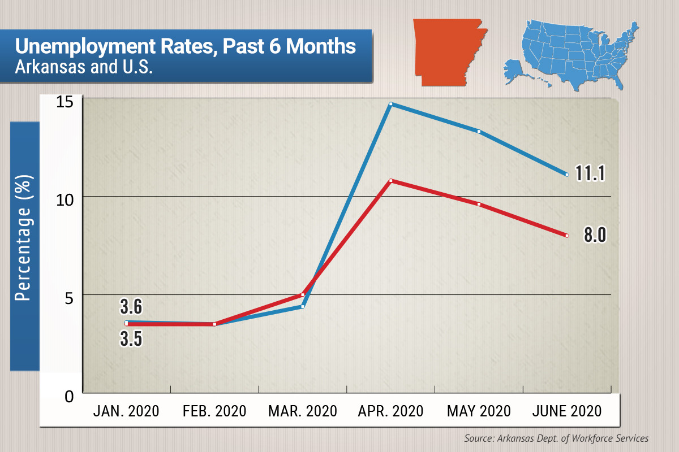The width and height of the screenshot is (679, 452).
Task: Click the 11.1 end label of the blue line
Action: [x=591, y=173]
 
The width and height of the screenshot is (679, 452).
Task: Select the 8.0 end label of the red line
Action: [x=595, y=234]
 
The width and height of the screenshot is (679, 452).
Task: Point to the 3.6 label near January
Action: [x=131, y=307]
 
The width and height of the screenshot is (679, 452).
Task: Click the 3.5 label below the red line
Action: [x=131, y=339]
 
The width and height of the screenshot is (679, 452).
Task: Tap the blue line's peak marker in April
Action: [x=391, y=104]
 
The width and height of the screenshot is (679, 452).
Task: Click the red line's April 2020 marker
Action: [x=391, y=181]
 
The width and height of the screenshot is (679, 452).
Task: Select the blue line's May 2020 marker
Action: [x=479, y=132]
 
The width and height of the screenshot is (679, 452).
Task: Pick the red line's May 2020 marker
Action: [x=479, y=204]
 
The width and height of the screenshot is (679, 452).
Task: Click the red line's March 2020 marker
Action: [x=303, y=294]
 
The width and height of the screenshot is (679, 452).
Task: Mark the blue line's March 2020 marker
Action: [x=303, y=307]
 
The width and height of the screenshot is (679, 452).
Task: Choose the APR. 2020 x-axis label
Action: [x=391, y=411]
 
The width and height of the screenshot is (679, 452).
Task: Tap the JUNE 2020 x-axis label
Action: [x=567, y=411]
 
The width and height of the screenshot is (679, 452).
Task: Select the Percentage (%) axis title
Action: [x=24, y=237]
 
